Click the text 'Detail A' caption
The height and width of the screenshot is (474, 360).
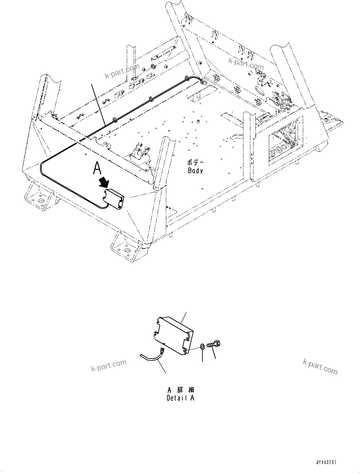coord(180,398)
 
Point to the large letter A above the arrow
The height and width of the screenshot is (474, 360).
coord(97,168)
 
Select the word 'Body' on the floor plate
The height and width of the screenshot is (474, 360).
coord(195,171)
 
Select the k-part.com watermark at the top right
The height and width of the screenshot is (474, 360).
coord(246,64)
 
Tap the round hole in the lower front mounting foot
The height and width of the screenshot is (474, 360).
coord(127,251)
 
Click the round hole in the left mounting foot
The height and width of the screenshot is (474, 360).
coord(40,201)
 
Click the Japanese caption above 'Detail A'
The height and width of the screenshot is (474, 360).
coord(180,390)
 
